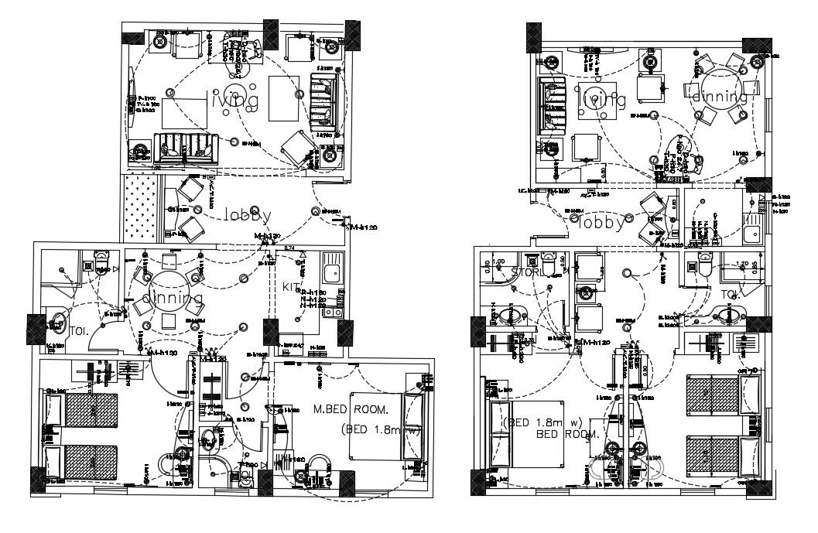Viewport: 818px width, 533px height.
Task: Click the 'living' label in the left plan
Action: point(231,100)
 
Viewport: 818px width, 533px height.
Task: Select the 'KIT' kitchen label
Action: point(289,287)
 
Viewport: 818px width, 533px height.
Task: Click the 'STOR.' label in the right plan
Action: point(529,272)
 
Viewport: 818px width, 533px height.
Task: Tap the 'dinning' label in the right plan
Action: point(719,97)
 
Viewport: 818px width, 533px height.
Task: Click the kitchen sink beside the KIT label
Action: point(334,272)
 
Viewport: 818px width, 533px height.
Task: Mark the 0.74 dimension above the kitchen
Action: point(290,248)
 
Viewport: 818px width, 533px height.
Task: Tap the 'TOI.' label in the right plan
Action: point(731,295)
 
